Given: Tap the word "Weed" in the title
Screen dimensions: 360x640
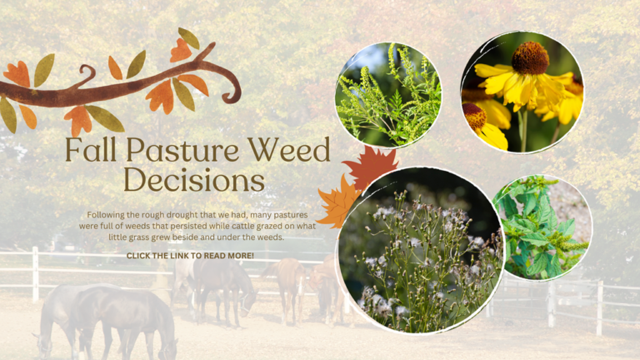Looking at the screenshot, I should pyautogui.click(x=288, y=151).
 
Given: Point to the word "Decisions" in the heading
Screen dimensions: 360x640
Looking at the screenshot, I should pyautogui.click(x=193, y=179).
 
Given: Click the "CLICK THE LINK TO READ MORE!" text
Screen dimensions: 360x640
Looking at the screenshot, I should pyautogui.click(x=190, y=256).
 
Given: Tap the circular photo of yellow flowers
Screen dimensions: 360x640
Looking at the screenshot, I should pyautogui.click(x=522, y=92).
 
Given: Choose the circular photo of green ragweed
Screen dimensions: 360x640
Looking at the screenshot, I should pyautogui.click(x=388, y=94).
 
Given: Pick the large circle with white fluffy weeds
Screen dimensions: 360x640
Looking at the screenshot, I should pyautogui.click(x=421, y=250).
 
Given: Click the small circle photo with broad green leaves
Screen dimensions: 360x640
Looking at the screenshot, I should pyautogui.click(x=542, y=227).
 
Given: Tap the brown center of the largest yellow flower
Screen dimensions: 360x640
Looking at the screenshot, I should pyautogui.click(x=530, y=58).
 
